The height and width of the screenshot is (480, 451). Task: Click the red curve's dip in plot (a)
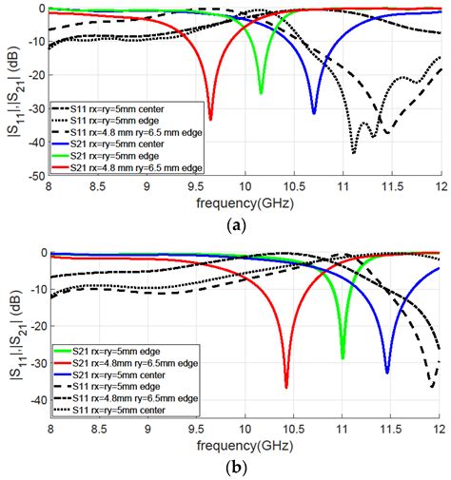[210, 118]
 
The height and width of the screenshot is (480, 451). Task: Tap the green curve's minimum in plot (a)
[261, 92]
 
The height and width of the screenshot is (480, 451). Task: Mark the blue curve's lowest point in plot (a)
[314, 112]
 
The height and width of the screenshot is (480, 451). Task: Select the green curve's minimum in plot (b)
[343, 356]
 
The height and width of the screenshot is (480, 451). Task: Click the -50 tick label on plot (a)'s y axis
[33, 177]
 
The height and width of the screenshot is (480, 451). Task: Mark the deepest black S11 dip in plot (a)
[354, 152]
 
